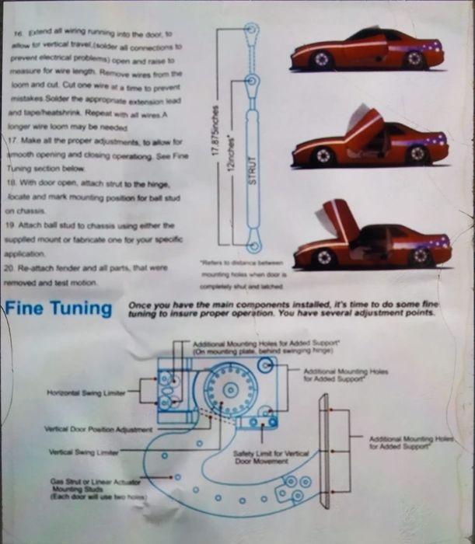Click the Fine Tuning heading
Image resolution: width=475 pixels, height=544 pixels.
(x=58, y=309)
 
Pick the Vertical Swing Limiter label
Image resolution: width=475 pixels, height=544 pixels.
(x=83, y=452)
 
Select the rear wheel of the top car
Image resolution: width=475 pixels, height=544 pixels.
(x=414, y=58)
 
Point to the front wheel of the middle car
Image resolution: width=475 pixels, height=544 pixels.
(x=323, y=156)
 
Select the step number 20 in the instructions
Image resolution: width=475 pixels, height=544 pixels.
(x=17, y=268)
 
